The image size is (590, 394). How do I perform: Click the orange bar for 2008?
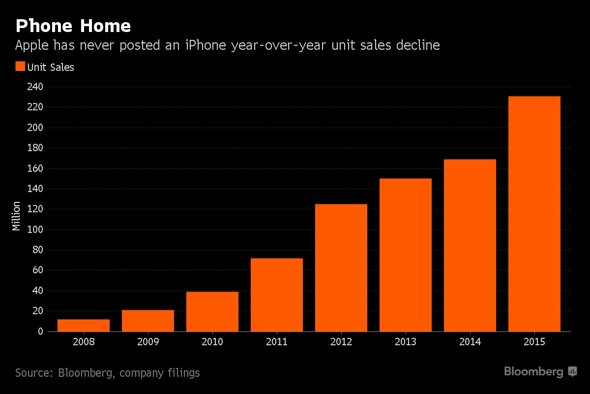click(x=84, y=326)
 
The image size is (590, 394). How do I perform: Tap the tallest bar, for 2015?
click(x=534, y=214)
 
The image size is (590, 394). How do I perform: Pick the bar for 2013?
click(x=406, y=255)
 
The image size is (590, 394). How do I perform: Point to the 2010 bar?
click(x=212, y=311)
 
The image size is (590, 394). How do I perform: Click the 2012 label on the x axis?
click(x=341, y=341)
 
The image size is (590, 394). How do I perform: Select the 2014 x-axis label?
click(x=470, y=341)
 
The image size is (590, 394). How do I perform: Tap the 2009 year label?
click(x=148, y=341)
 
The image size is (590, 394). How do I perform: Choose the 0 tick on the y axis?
click(x=40, y=331)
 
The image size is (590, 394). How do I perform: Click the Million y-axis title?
click(x=17, y=216)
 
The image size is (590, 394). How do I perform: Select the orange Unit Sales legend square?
click(x=20, y=66)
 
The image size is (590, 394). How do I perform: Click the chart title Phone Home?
click(x=73, y=26)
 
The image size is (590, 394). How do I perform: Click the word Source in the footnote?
click(x=33, y=373)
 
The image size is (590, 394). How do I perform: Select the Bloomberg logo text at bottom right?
click(x=533, y=372)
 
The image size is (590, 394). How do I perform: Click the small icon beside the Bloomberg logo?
click(x=572, y=371)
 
